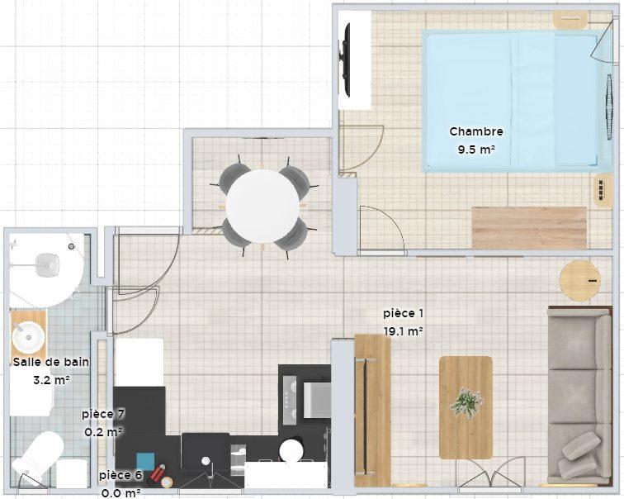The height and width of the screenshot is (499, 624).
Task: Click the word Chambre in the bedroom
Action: (x=475, y=131)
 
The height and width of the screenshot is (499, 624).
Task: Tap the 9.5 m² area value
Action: (x=475, y=150)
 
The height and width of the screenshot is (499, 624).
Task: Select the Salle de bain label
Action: (x=50, y=362)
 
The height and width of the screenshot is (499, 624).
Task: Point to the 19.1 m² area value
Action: (x=403, y=331)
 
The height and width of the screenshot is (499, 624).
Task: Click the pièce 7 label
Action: (x=103, y=413)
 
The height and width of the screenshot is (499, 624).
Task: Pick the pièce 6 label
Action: (x=121, y=476)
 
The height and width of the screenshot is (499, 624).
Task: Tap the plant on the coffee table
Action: (x=465, y=402)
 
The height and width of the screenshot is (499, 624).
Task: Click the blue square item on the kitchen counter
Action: (x=145, y=461)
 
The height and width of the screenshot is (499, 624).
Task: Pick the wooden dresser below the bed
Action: (x=528, y=227)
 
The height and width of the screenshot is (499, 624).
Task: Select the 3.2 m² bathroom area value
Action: (x=50, y=381)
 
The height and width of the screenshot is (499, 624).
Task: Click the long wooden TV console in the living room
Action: (x=371, y=410)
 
